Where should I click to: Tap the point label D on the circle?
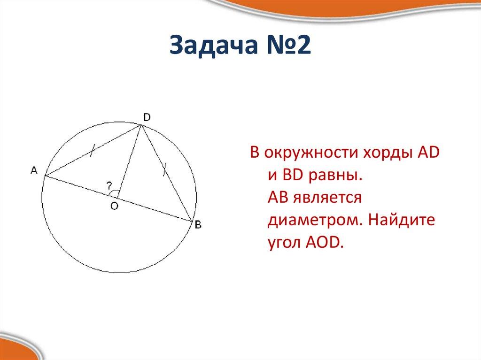pos(147,117)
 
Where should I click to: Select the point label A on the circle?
pos(34,171)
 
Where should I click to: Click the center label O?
pos(114,206)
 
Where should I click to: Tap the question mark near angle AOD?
pos(109,184)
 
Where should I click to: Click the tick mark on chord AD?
pos(93,150)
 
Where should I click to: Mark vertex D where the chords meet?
pos(140,126)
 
